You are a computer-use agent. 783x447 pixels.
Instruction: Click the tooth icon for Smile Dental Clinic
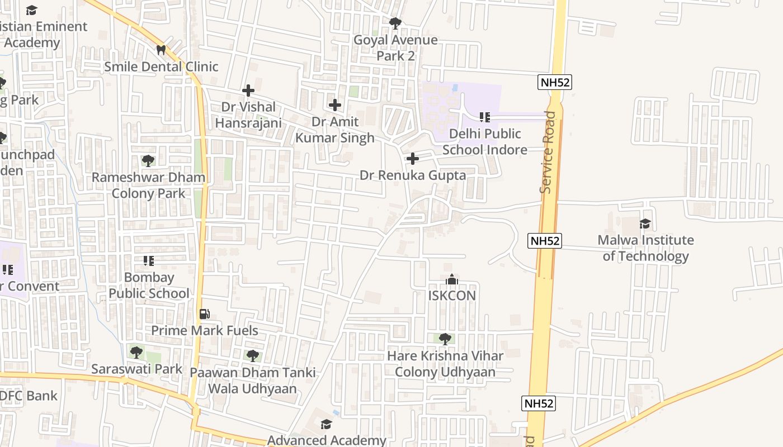coord(161,50)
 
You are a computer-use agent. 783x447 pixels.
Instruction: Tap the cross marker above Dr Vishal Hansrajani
coord(248,90)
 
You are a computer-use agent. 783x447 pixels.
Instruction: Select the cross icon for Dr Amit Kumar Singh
coord(334,104)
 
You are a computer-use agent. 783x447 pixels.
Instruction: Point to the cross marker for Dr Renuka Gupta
coord(412,159)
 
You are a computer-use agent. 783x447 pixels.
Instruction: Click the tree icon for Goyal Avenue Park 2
coord(395,23)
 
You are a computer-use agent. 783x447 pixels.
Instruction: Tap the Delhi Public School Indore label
coord(485,142)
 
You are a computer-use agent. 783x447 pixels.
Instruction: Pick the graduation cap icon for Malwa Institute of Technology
coord(645,223)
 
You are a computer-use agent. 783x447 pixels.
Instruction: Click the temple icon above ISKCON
coord(452,279)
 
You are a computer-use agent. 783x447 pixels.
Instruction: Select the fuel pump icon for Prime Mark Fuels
coord(205,314)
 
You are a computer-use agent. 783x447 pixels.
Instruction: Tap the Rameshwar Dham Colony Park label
coord(148,186)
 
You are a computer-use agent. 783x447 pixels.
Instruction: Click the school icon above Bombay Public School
coord(148,261)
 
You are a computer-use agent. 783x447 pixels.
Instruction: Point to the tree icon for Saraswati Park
coord(136,353)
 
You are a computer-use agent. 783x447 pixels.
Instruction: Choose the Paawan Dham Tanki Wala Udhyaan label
coord(252,381)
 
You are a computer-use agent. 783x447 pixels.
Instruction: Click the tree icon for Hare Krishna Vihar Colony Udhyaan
coord(445,339)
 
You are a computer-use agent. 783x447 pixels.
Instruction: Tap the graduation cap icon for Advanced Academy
coord(326,425)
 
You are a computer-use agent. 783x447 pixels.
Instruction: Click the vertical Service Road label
coord(548,152)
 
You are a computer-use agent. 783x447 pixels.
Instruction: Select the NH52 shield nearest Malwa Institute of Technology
coord(544,241)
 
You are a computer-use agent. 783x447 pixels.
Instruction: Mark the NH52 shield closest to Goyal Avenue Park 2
coord(555,82)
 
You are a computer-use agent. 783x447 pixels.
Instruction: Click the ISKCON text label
coord(452,296)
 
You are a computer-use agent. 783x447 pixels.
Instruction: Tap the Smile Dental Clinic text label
coord(161,66)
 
